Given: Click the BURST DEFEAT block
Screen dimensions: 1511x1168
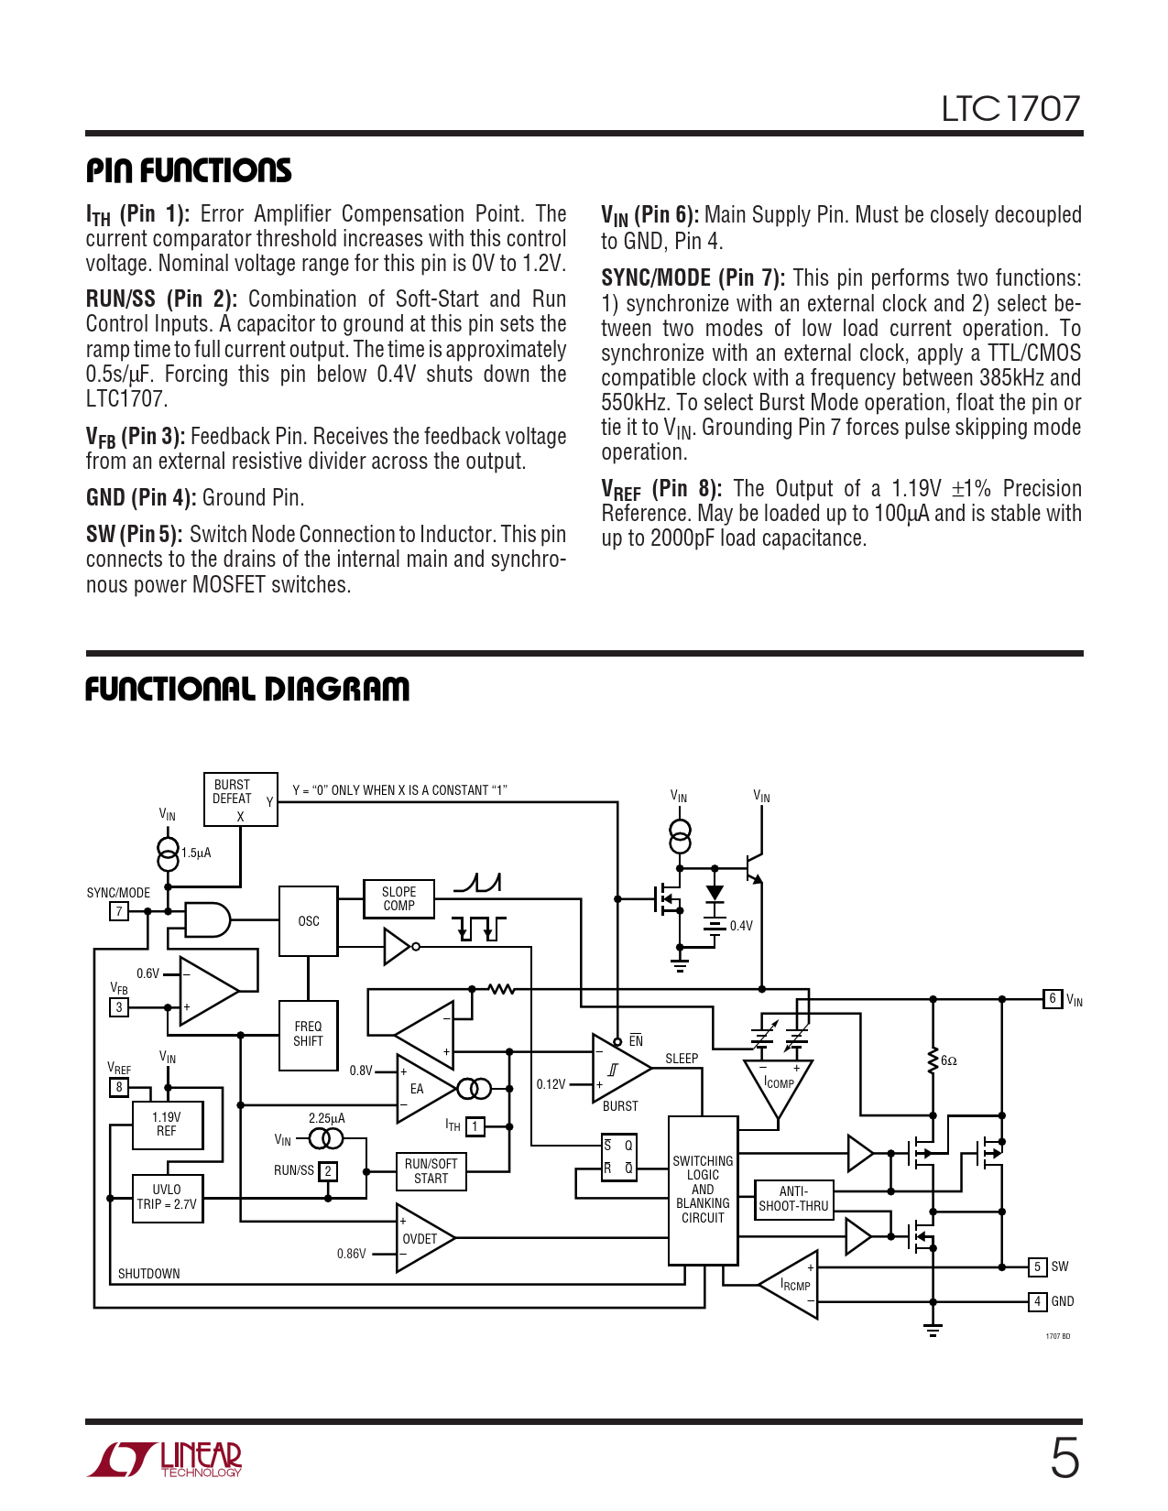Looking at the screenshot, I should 240,799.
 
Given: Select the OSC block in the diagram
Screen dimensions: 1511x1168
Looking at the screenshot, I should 308,921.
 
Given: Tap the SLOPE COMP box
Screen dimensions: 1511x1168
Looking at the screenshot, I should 398,898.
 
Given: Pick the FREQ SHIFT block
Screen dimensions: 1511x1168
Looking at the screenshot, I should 308,1034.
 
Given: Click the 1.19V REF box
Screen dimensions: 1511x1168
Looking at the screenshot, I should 167,1125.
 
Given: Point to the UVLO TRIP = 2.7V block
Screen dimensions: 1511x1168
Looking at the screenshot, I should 167,1198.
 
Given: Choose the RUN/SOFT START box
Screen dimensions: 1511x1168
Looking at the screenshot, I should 431,1171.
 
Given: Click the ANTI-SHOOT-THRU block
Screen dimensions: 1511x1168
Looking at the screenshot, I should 793,1199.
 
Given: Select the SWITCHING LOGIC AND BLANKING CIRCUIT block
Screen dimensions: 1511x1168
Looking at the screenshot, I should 703,1190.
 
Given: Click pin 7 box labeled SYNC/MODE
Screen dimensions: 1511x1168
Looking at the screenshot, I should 119,911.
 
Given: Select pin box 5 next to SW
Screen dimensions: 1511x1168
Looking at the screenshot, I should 1037,1266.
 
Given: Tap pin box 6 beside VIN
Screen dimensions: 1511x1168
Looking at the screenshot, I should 1053,999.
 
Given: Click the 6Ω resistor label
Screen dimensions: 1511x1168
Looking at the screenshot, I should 949,1060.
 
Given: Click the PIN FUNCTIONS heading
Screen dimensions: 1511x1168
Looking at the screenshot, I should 189,170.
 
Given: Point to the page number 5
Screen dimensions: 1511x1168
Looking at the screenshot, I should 1064,1458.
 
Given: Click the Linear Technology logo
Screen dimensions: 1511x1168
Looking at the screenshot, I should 166,1460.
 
